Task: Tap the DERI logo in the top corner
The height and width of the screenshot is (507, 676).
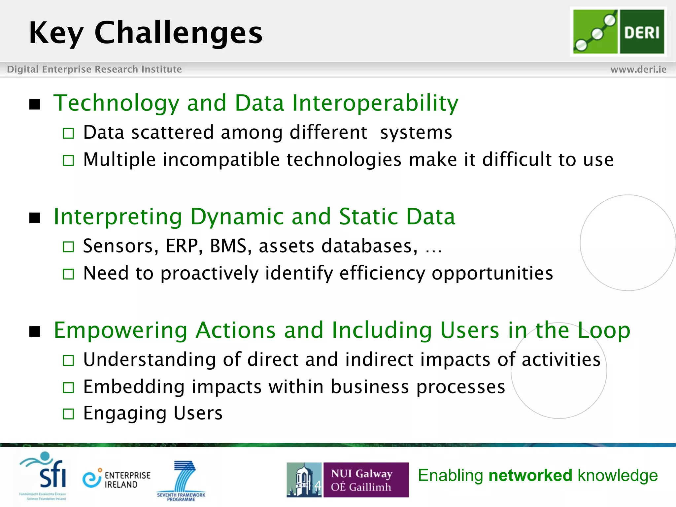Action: tap(618, 32)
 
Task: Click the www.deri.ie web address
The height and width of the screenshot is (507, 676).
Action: tap(638, 69)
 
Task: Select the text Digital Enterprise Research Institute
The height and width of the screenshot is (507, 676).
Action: tap(94, 69)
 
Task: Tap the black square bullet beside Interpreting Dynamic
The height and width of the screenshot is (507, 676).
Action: tap(35, 218)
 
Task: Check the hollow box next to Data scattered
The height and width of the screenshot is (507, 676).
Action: tap(68, 133)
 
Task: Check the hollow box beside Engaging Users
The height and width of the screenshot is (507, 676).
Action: tap(68, 414)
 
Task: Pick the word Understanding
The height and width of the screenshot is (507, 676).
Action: tap(149, 359)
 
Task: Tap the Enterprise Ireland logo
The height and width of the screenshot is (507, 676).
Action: tap(117, 479)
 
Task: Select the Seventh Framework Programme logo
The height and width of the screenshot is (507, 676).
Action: tap(182, 480)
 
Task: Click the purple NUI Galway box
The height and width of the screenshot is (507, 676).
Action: tap(366, 480)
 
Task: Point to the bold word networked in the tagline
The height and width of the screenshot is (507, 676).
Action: tap(530, 476)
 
